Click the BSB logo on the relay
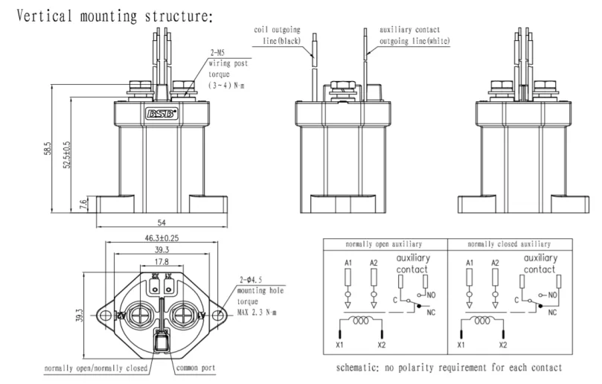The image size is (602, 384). coord(161,114)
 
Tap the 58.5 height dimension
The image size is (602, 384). coord(47,148)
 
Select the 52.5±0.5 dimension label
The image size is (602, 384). coord(67,154)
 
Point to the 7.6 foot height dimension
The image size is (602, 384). coord(83,205)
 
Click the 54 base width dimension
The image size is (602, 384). coord(161,223)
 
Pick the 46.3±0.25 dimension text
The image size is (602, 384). coord(161,238)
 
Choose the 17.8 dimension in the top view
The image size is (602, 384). coord(161,262)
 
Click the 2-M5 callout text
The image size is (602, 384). coord(217,53)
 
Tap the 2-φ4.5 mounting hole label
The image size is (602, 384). coord(251,280)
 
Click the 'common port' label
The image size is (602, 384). coord(196,368)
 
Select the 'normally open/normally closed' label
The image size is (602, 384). coord(96,368)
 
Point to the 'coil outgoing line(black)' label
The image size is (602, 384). coord(278,35)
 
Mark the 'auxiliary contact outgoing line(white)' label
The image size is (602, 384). coord(414,35)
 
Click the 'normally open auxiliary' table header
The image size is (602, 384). coord(383,244)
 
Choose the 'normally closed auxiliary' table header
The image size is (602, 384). coord(509,244)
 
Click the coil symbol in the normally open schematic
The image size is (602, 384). coord(361,320)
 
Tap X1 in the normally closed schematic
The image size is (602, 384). coord(461,345)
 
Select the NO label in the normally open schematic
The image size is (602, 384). coord(431,295)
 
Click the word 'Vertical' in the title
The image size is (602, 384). coord(44,16)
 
